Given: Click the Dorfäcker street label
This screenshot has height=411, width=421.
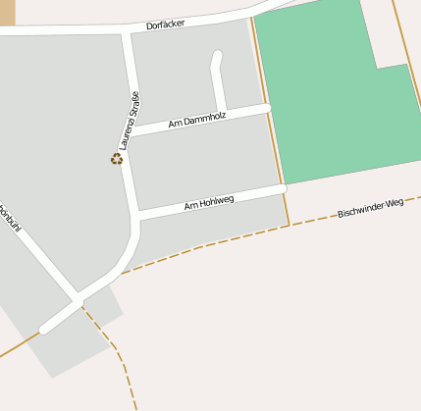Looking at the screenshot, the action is pyautogui.click(x=166, y=24).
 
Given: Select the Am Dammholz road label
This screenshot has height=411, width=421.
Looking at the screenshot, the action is pyautogui.click(x=197, y=120).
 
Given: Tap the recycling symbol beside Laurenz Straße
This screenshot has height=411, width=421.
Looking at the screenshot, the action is pyautogui.click(x=117, y=158).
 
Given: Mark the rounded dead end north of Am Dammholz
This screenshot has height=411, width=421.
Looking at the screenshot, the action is pyautogui.click(x=217, y=56).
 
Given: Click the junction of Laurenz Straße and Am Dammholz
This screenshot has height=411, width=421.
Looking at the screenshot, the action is pyautogui.click(x=132, y=131).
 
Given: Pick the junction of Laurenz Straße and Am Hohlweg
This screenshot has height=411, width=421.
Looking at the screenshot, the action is pyautogui.click(x=136, y=213).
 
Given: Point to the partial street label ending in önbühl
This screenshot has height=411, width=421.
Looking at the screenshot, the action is pyautogui.click(x=10, y=217).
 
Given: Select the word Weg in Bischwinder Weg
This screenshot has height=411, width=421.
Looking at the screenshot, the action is pyautogui.click(x=394, y=203).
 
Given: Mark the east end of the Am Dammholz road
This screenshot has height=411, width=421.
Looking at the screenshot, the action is pyautogui.click(x=266, y=108).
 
